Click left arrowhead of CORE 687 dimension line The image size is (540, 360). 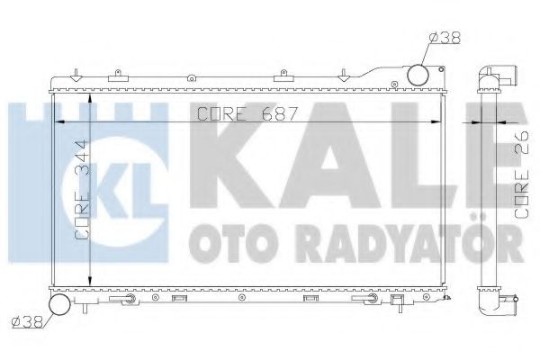coord(60,121)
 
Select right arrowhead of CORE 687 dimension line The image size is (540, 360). coord(440,121)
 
